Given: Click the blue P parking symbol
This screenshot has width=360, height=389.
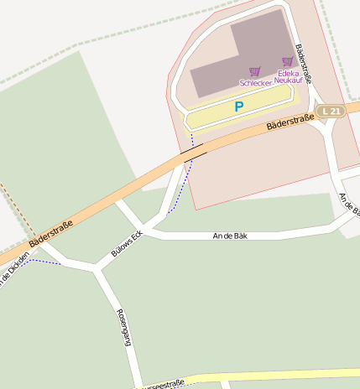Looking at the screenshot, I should [238, 107].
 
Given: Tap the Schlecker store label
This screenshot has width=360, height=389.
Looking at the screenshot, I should [256, 83].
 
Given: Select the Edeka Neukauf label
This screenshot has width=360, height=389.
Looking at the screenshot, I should [288, 76].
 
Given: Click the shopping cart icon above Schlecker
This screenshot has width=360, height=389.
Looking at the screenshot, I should [255, 71].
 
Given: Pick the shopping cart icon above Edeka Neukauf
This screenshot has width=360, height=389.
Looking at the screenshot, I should [288, 61].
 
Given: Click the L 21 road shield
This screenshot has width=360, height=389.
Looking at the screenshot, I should [332, 111].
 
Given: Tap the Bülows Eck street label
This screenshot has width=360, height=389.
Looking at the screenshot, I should [127, 243].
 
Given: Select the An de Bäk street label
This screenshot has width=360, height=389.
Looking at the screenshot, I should [230, 236].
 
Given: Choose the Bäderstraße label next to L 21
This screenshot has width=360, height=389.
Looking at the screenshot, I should [290, 122].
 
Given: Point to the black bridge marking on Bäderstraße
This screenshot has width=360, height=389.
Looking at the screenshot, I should [194, 151].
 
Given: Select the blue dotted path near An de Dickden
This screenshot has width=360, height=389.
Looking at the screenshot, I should [42, 262].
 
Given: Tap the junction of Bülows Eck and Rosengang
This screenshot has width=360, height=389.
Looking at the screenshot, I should [97, 269].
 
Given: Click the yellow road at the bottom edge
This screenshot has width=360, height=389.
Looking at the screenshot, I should [277, 377].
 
